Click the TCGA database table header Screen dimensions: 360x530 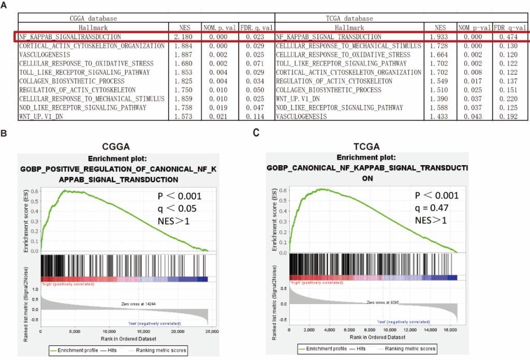349,18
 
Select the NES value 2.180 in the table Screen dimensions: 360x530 184,37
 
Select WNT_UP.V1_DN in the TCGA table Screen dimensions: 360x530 299,98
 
